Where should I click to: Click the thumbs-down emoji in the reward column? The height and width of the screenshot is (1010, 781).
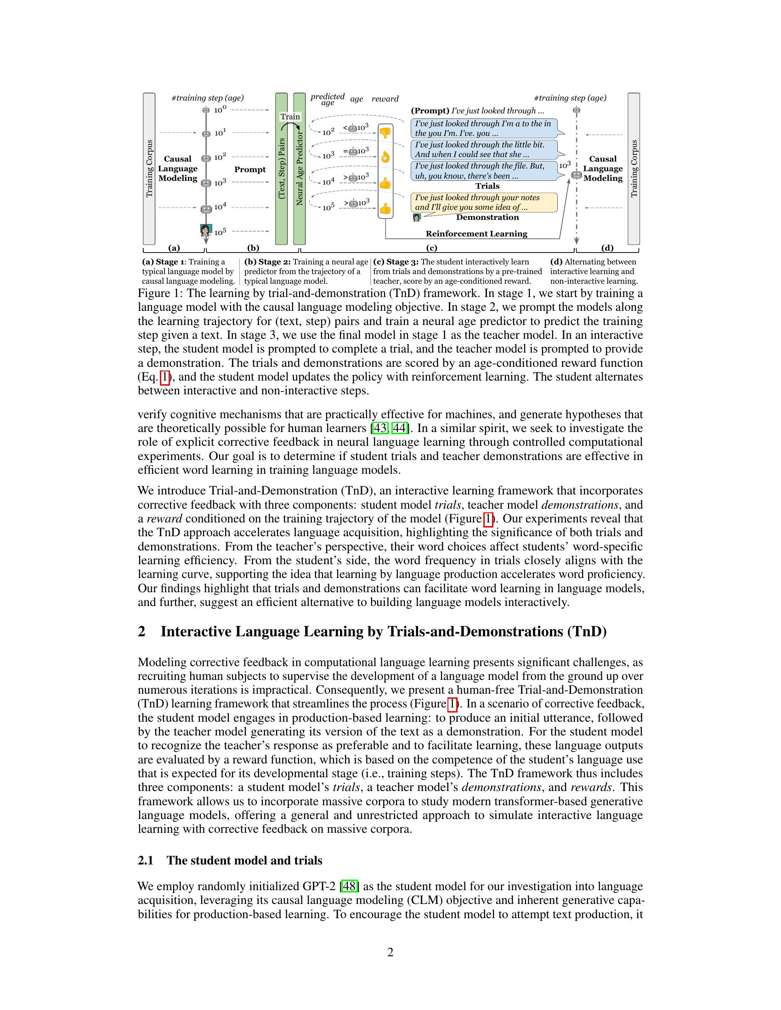[385, 133]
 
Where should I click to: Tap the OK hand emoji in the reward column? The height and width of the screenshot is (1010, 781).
[385, 157]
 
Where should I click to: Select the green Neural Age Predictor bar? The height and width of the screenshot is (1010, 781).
[300, 169]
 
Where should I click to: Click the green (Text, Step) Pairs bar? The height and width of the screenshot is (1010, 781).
[281, 169]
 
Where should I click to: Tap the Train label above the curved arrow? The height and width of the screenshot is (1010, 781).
[290, 117]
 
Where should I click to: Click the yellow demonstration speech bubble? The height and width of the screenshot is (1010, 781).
[484, 202]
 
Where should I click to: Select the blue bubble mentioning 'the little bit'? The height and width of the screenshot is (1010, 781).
[484, 149]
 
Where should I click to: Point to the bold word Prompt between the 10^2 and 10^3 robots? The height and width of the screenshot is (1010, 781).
[250, 169]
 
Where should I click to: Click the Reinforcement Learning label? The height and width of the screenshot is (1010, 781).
[476, 234]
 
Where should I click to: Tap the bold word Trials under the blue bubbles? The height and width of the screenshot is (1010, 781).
[487, 186]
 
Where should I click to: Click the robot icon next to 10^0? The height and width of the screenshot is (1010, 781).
[206, 110]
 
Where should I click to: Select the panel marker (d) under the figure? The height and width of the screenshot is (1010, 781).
[607, 248]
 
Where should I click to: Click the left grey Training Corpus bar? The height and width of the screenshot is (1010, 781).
[149, 169]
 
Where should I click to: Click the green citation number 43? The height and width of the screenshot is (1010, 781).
[380, 428]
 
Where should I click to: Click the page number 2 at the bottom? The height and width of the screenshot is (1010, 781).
[390, 953]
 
